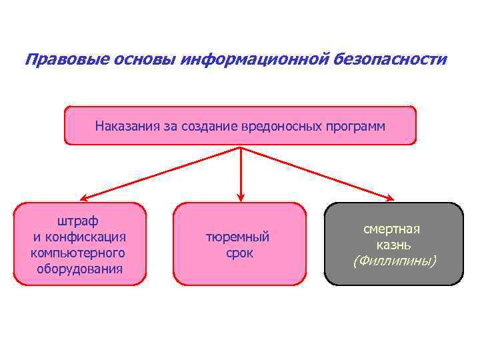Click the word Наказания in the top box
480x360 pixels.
(x=125, y=125)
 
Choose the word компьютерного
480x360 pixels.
(x=78, y=253)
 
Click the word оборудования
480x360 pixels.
(x=80, y=269)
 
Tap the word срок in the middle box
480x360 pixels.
(x=239, y=253)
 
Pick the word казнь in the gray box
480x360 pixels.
(x=394, y=245)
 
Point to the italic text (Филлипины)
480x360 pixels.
(x=394, y=261)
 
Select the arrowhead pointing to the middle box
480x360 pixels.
(x=240, y=197)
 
